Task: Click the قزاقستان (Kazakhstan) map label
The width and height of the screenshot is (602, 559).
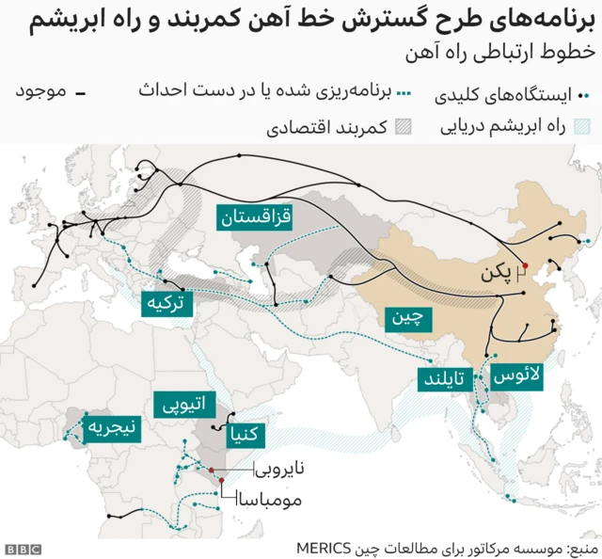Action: (x=256, y=218)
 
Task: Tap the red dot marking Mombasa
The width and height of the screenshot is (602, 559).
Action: (x=222, y=481)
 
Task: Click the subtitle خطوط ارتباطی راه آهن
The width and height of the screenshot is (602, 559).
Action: (x=502, y=53)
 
